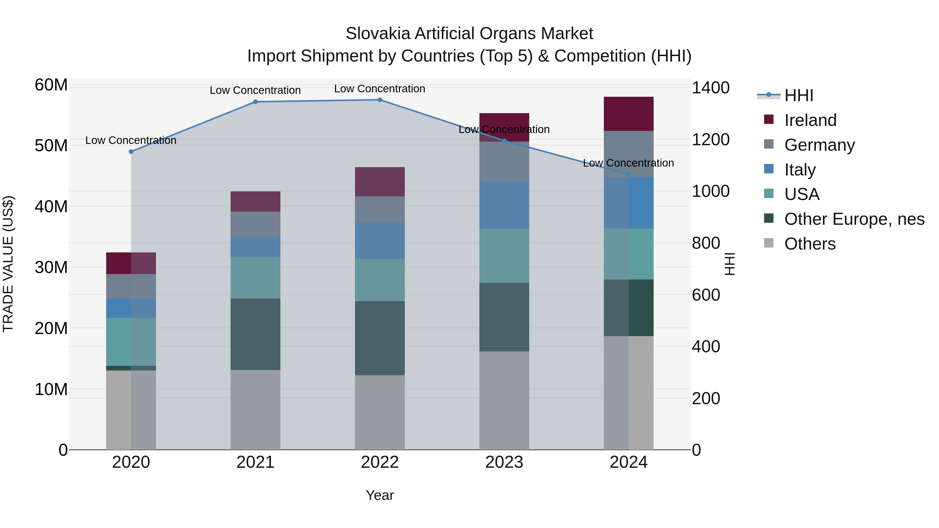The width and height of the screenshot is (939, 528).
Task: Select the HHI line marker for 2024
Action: click(x=628, y=174)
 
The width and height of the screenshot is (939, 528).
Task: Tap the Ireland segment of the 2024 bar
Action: click(x=628, y=114)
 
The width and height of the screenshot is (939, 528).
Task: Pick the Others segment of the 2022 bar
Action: click(x=380, y=412)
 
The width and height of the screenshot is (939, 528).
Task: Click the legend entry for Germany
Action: click(x=819, y=145)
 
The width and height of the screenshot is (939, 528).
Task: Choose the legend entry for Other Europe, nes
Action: click(x=854, y=219)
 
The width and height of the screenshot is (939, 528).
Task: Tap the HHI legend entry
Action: click(x=798, y=95)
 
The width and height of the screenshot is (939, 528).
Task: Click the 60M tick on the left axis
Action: click(x=51, y=85)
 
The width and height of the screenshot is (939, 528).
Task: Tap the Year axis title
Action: click(x=380, y=495)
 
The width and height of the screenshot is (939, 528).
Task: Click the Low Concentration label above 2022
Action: click(x=380, y=89)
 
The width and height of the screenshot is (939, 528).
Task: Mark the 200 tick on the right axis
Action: click(x=706, y=398)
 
